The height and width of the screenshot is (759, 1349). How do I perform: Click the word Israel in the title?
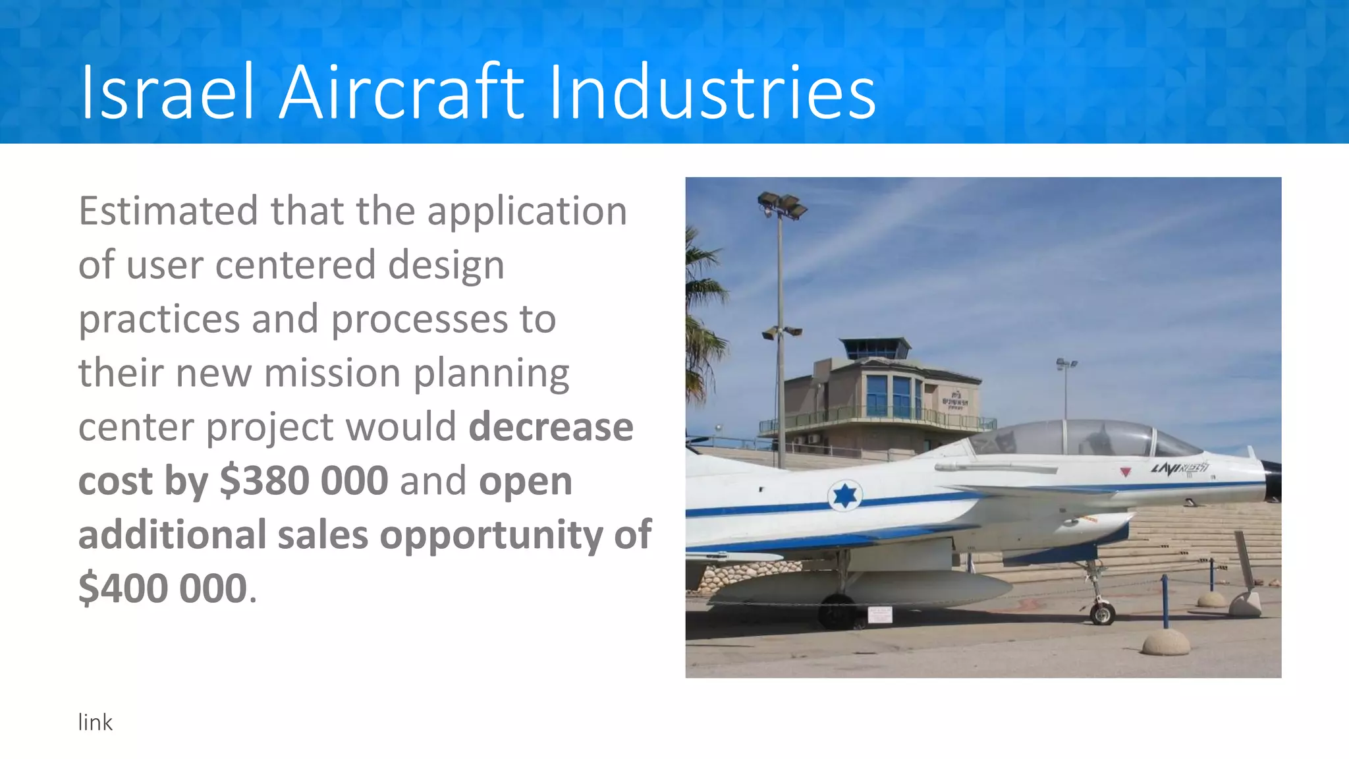tap(167, 92)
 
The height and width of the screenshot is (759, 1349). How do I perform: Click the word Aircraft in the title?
tap(402, 92)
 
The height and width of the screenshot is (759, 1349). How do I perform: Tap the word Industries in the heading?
tap(711, 92)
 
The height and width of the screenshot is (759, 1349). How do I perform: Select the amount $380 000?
tap(304, 480)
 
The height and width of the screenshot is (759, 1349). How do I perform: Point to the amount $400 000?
tap(163, 588)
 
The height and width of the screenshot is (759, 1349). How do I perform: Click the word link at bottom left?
tap(95, 723)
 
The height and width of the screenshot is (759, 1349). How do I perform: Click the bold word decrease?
tap(551, 427)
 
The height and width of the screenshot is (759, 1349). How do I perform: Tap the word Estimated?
tap(169, 211)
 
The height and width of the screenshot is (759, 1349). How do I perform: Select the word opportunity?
tap(491, 534)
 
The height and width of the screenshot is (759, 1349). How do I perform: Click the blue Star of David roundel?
tap(844, 495)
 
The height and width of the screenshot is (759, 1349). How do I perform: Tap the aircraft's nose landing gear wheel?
tap(1102, 614)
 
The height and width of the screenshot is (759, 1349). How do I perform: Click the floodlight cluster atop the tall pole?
tap(782, 204)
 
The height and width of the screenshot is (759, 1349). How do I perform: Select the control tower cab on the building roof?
tap(875, 348)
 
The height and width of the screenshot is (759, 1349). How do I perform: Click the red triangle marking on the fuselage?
tap(1126, 472)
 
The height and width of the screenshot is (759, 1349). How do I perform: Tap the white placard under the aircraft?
tap(880, 615)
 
